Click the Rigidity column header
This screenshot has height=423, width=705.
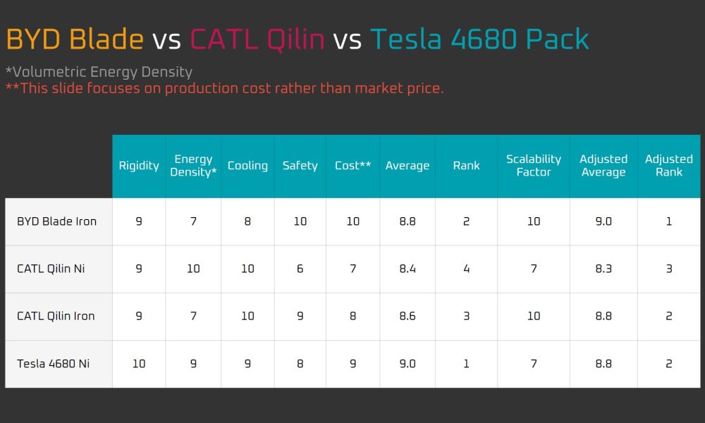pyautogui.click(x=139, y=166)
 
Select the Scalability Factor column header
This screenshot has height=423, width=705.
pyautogui.click(x=534, y=166)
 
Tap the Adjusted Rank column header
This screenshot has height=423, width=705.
pyautogui.click(x=668, y=166)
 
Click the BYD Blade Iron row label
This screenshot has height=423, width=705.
pyautogui.click(x=56, y=221)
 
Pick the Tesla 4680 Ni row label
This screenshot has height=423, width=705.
pyautogui.click(x=53, y=363)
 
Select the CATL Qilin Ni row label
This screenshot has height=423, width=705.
pyautogui.click(x=51, y=269)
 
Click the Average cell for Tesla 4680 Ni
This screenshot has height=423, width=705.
pyautogui.click(x=407, y=363)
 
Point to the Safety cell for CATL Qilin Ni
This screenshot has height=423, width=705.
pyautogui.click(x=300, y=269)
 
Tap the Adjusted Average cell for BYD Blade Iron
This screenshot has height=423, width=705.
pyautogui.click(x=603, y=221)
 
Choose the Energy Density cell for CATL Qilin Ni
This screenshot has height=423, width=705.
pyautogui.click(x=193, y=269)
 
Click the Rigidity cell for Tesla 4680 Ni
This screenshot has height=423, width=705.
pyautogui.click(x=139, y=363)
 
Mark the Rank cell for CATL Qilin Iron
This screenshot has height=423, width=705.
pyautogui.click(x=466, y=316)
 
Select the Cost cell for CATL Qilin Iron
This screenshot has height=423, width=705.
pyautogui.click(x=353, y=316)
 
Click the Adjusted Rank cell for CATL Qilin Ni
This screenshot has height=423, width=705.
pyautogui.click(x=669, y=269)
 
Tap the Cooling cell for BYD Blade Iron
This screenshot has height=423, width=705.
pyautogui.click(x=247, y=221)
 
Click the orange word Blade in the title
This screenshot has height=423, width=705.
pyautogui.click(x=106, y=39)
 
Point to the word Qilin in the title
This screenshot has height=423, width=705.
pyautogui.click(x=295, y=39)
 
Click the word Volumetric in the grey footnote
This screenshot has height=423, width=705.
pyautogui.click(x=49, y=72)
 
